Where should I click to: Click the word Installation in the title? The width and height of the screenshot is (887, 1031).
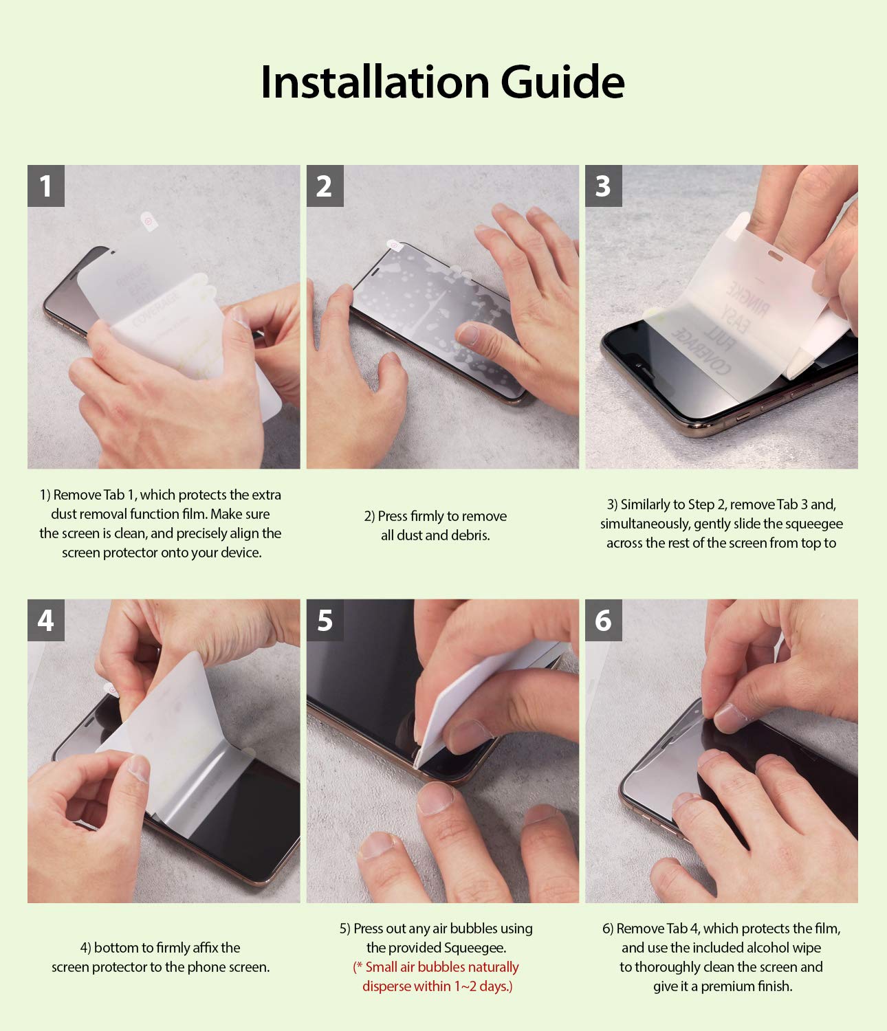[x=375, y=82]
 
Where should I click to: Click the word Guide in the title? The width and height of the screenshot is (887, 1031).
[x=562, y=82]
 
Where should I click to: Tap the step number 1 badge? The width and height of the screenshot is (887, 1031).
[x=46, y=186]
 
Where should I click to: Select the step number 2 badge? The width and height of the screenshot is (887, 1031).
[x=325, y=186]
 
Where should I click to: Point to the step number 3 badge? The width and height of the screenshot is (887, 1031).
[x=603, y=186]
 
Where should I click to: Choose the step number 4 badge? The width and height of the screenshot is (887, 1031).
[x=46, y=620]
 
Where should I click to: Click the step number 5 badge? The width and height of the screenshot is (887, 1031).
[x=325, y=620]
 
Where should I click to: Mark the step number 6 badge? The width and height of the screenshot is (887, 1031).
[x=603, y=620]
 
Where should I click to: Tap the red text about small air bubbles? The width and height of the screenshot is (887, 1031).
[x=436, y=977]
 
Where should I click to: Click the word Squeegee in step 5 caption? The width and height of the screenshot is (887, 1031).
[x=474, y=948]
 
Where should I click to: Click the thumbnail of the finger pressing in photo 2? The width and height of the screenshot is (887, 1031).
[x=468, y=335]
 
